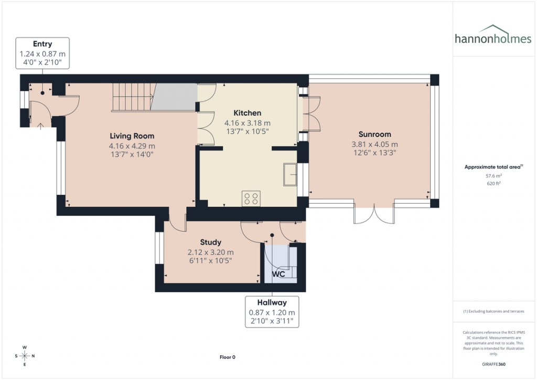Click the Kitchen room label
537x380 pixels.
pos(247,113)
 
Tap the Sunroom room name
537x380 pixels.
pos(374,134)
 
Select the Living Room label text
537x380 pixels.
pos(132,136)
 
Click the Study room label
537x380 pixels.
pos(210,242)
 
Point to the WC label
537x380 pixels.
pos(278,274)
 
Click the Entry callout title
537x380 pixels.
pos(42,44)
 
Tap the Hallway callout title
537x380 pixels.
pos(272,303)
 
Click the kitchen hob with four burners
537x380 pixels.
pos(251,198)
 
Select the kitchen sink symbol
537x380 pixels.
pos(289,174)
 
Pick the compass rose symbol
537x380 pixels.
pos(24,355)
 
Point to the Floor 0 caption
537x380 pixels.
pos(227,357)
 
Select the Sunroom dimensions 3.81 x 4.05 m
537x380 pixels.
pos(374,144)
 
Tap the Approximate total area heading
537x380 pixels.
pos(493,167)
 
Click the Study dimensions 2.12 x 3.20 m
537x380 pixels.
pos(210,252)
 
